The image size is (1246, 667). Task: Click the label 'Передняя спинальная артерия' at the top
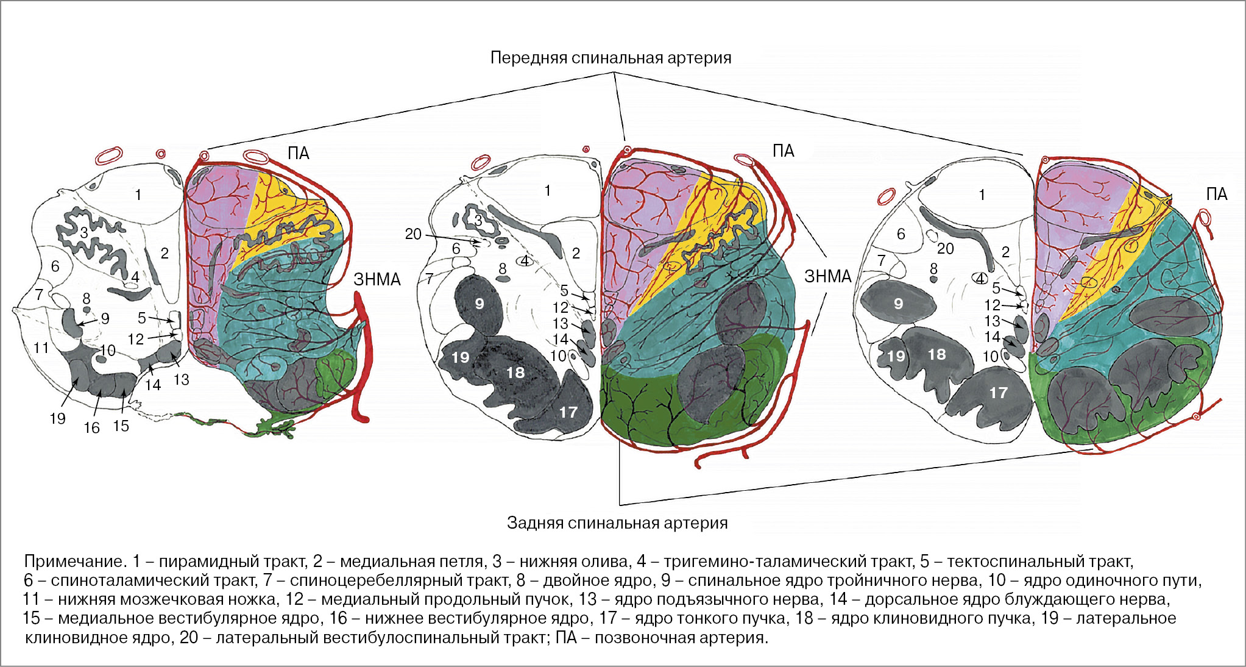point(611,58)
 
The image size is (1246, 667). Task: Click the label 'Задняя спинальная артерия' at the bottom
point(617,523)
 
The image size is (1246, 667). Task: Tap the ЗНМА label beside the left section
point(377,280)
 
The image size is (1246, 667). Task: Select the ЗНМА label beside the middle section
point(827,277)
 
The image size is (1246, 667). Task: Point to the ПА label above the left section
point(299,153)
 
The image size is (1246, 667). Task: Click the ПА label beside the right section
point(1216,194)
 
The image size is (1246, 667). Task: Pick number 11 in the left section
point(41,348)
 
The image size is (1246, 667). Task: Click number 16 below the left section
point(91,428)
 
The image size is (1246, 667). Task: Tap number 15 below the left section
point(121,426)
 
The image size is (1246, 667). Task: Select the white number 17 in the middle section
point(568,412)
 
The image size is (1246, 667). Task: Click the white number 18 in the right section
point(936,354)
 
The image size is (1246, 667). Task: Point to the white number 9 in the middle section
point(480,304)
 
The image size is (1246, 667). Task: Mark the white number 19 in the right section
point(896,356)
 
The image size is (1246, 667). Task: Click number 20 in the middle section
point(413,234)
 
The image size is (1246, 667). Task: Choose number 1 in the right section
point(982,194)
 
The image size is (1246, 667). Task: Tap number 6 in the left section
point(55,266)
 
